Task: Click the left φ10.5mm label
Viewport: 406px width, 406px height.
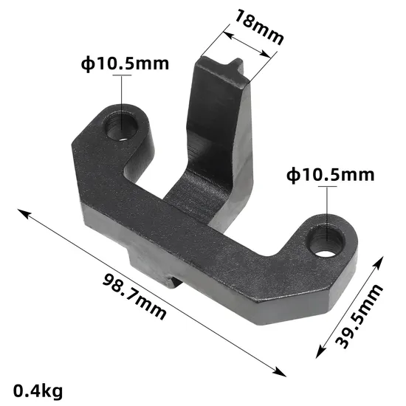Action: (x=125, y=63)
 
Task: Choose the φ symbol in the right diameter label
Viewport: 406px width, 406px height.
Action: (x=292, y=175)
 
